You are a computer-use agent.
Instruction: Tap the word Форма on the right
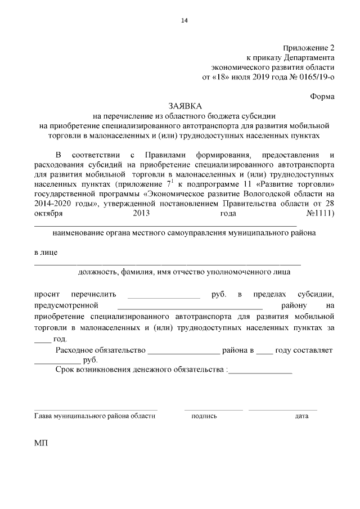322,96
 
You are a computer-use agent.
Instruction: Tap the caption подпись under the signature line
204,416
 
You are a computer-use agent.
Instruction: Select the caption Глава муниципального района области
94,416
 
